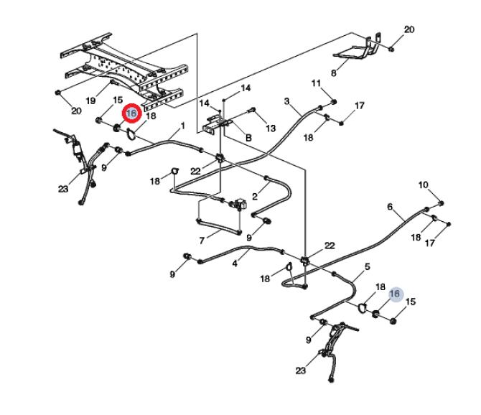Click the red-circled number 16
pos(131,114)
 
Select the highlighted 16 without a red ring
pos(394,294)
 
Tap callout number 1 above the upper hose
pos(182,126)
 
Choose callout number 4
pos(234,264)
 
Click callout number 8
pos(333,73)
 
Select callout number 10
pos(424,185)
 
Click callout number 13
pos(270,128)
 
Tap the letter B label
pos(248,136)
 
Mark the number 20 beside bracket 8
pos(409,30)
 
